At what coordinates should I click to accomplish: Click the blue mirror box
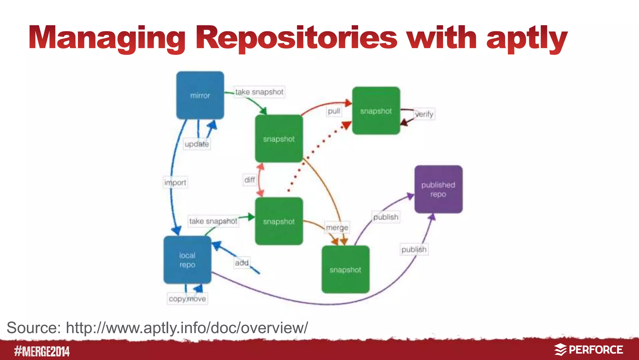[x=200, y=95]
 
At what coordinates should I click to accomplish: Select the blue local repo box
[x=187, y=260]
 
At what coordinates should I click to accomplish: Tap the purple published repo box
[x=438, y=189]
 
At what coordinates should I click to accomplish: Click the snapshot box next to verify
[x=376, y=111]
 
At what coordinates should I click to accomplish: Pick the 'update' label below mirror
[x=197, y=144]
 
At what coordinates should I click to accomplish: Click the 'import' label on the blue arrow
[x=175, y=182]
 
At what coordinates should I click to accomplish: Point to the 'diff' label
[x=249, y=180]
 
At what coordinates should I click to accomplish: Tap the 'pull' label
[x=334, y=111]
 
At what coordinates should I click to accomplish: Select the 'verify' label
[x=424, y=114]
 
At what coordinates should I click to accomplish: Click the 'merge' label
[x=337, y=228]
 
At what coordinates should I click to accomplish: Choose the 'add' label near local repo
[x=242, y=263]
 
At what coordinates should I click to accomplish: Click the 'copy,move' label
[x=187, y=299]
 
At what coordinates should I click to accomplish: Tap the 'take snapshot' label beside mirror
[x=259, y=92]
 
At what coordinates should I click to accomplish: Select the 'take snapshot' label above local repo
[x=213, y=221]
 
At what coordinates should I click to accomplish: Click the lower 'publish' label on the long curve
[x=414, y=249]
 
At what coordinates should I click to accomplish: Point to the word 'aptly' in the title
[x=526, y=38]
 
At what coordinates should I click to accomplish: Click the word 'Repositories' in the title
[x=296, y=38]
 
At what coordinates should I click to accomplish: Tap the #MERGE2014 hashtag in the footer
[x=42, y=351]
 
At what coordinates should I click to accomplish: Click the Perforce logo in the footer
[x=588, y=350]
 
